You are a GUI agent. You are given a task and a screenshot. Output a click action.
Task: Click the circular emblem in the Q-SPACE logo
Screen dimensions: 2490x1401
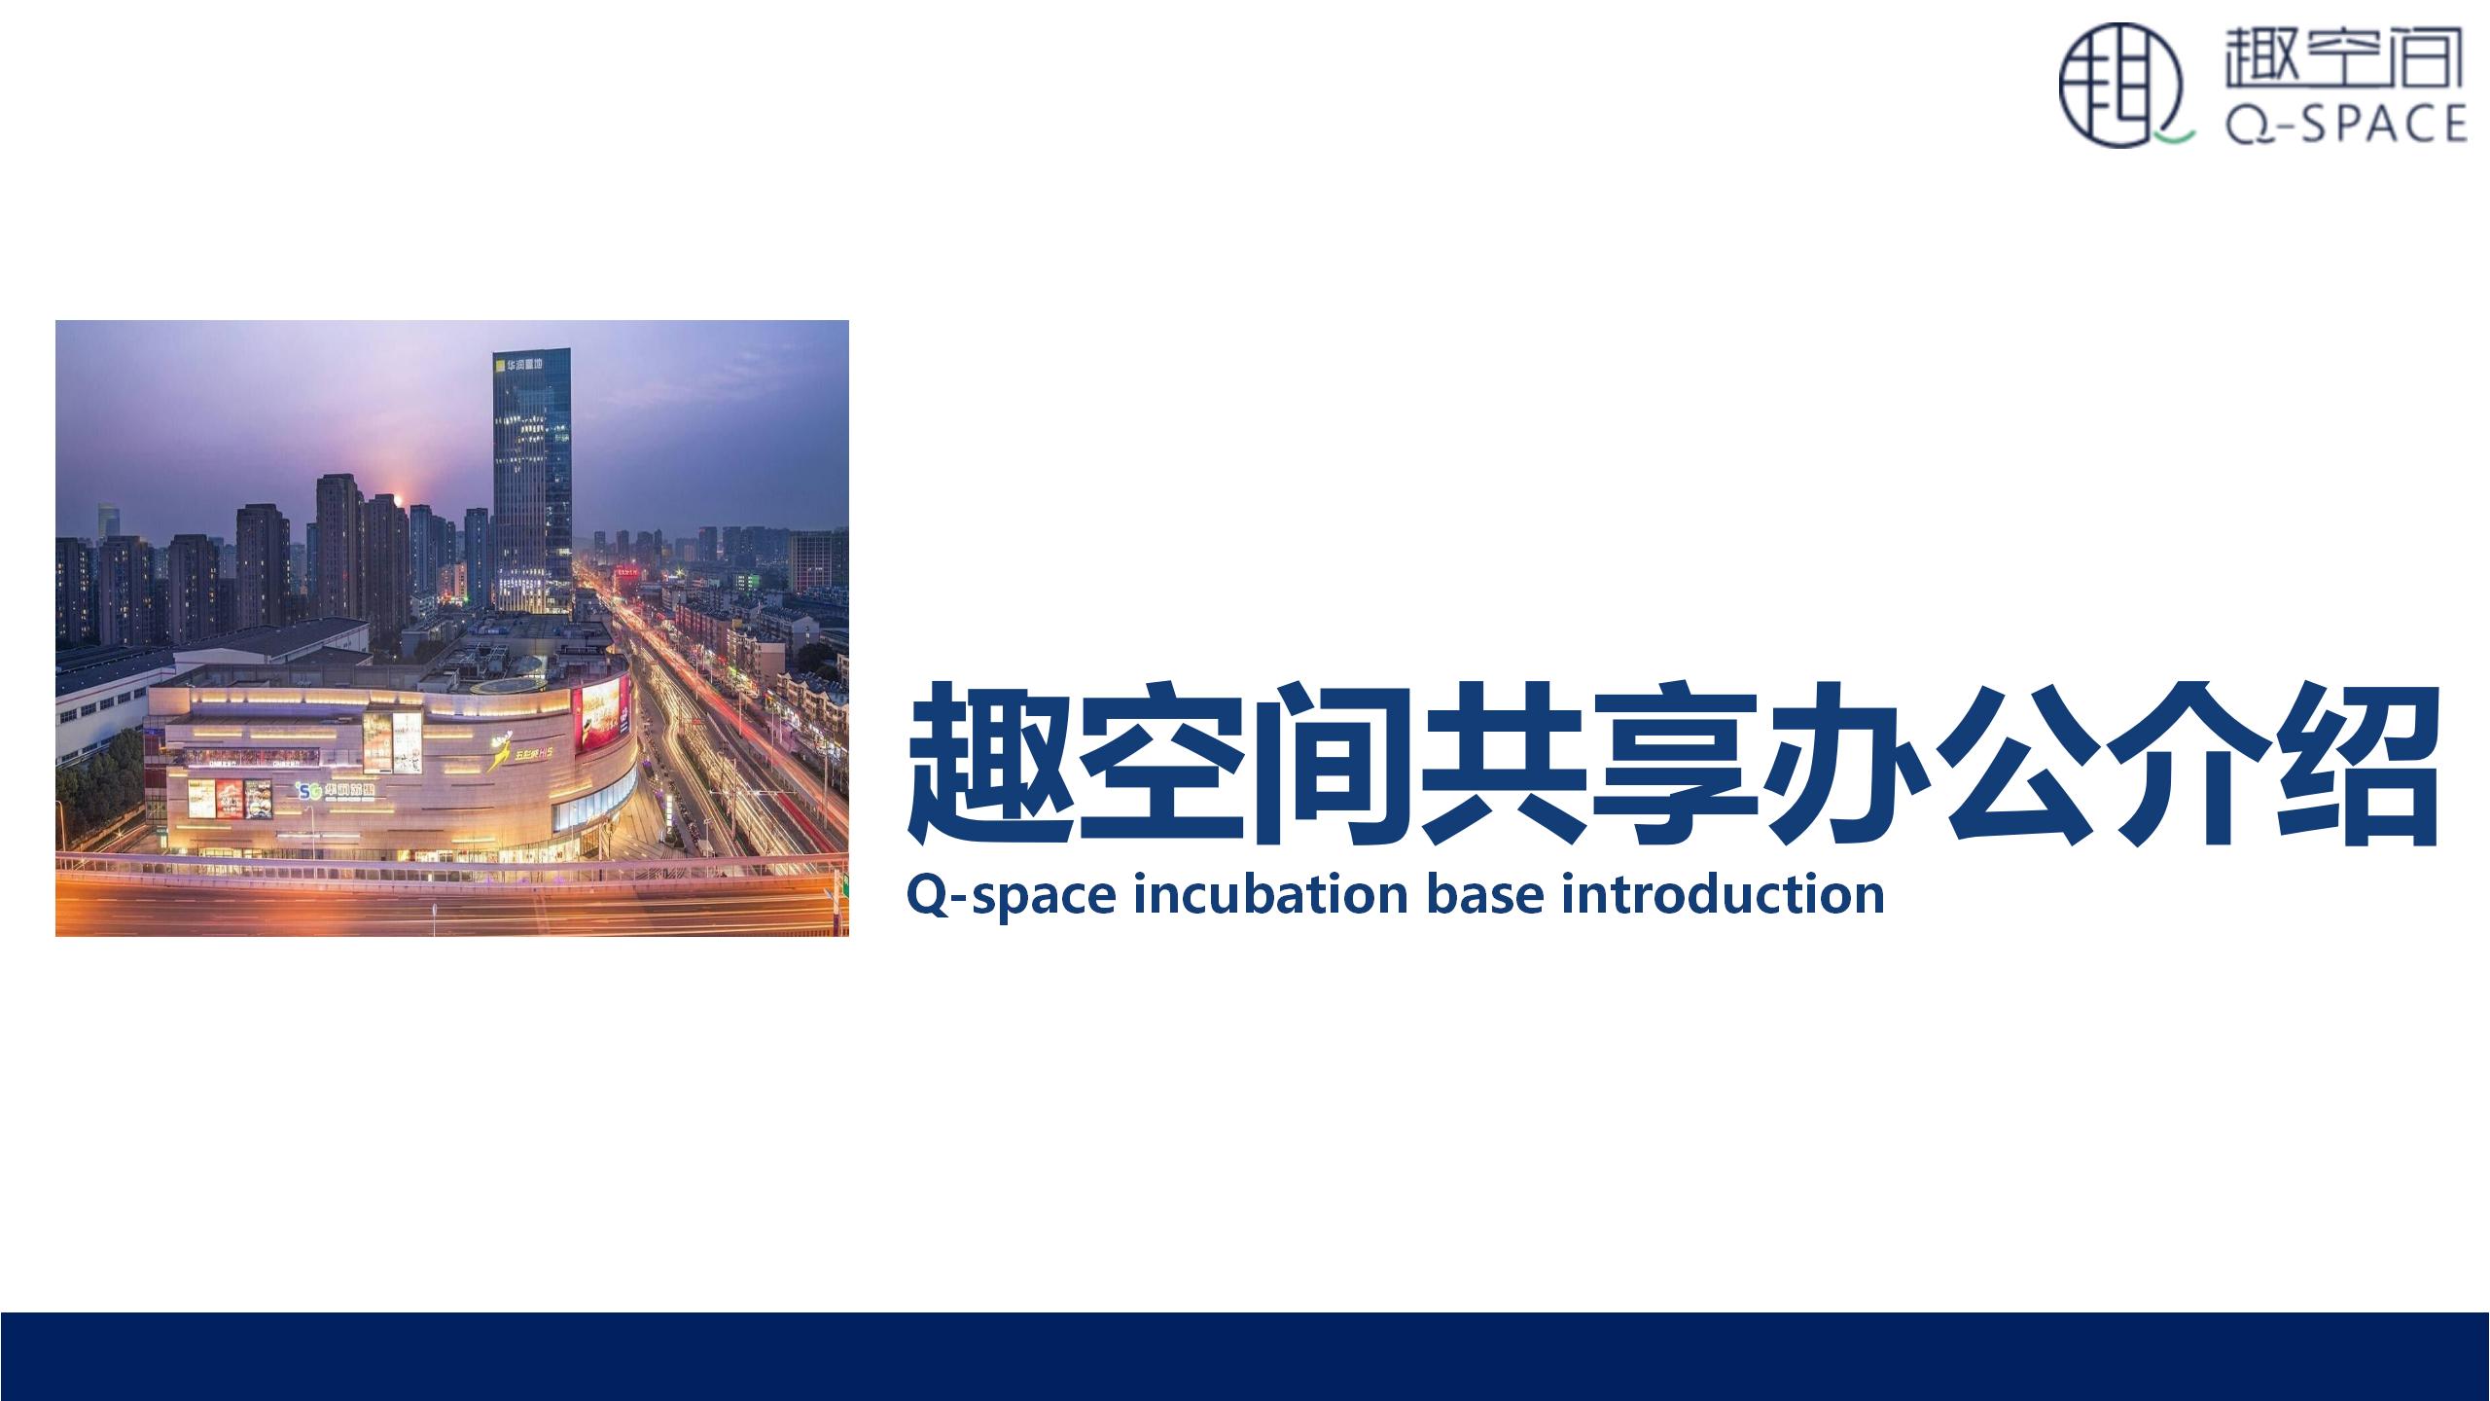(x=2119, y=87)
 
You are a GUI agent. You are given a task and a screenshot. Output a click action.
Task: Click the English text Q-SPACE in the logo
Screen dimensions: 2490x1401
(x=2346, y=123)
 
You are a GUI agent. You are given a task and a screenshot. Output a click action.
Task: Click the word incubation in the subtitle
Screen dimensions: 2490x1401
(x=1268, y=893)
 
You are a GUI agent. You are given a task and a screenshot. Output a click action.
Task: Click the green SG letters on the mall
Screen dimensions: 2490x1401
(x=309, y=790)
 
